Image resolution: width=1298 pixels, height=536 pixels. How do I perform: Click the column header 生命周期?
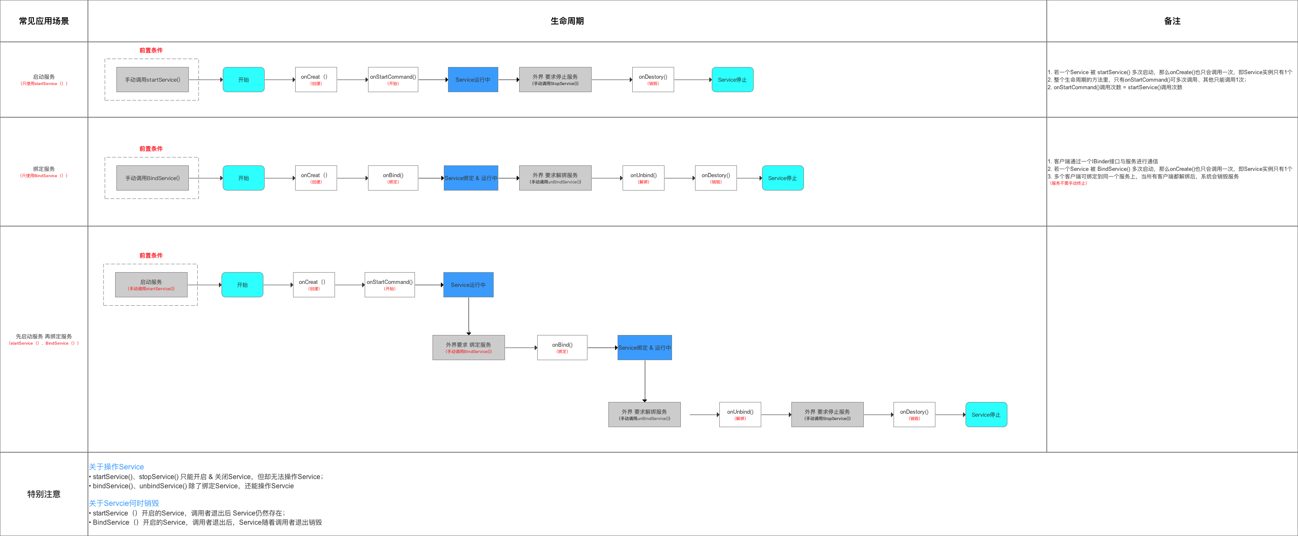pyautogui.click(x=567, y=21)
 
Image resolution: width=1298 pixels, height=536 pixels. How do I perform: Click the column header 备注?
pyautogui.click(x=1172, y=21)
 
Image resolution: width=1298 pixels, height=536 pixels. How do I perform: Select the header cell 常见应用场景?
pyautogui.click(x=44, y=21)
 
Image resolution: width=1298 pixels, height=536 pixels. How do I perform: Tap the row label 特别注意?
pyautogui.click(x=44, y=494)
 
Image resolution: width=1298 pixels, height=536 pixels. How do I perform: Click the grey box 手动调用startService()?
pyautogui.click(x=152, y=80)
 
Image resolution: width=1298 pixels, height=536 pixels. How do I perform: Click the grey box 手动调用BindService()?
pyautogui.click(x=152, y=178)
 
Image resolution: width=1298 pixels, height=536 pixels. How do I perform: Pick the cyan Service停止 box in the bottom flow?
pyautogui.click(x=986, y=415)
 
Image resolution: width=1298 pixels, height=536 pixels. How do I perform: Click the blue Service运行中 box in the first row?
pyautogui.click(x=473, y=80)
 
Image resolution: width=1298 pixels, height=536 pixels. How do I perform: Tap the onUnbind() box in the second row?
pyautogui.click(x=643, y=178)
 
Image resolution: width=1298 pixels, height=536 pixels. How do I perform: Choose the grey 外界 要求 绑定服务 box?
pyautogui.click(x=468, y=348)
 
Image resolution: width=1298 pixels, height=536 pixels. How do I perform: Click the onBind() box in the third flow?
pyautogui.click(x=562, y=348)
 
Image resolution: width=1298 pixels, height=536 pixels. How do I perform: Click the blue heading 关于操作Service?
pyautogui.click(x=116, y=467)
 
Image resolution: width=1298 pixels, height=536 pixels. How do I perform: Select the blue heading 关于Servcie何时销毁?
pyautogui.click(x=124, y=503)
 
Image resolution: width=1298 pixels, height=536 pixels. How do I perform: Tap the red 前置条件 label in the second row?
pyautogui.click(x=151, y=149)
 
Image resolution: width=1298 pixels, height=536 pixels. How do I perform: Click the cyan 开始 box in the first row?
pyautogui.click(x=243, y=80)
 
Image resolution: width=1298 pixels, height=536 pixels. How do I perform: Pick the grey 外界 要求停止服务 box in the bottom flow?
pyautogui.click(x=827, y=415)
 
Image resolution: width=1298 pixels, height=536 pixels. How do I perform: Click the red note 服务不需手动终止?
pyautogui.click(x=1068, y=183)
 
